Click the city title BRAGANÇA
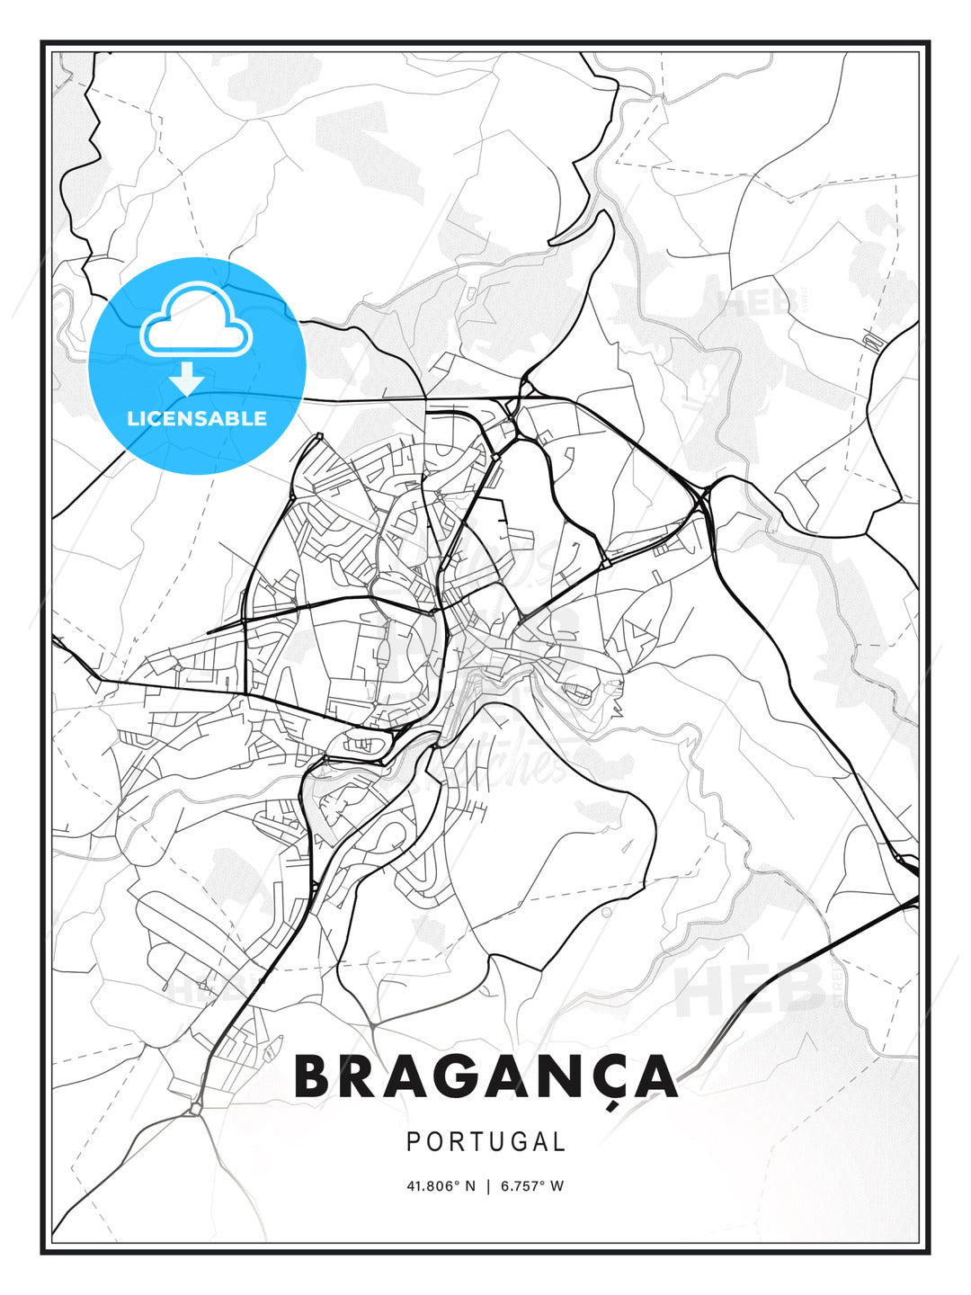(485, 1076)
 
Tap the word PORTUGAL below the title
(485, 1142)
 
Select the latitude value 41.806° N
(441, 1186)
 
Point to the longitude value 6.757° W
(532, 1186)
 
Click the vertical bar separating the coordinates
(487, 1186)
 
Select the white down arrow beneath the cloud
(187, 380)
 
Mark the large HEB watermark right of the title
(751, 989)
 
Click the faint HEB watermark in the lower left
(193, 989)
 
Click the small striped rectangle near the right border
(870, 341)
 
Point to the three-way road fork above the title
(372, 1023)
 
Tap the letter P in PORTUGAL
(414, 1142)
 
